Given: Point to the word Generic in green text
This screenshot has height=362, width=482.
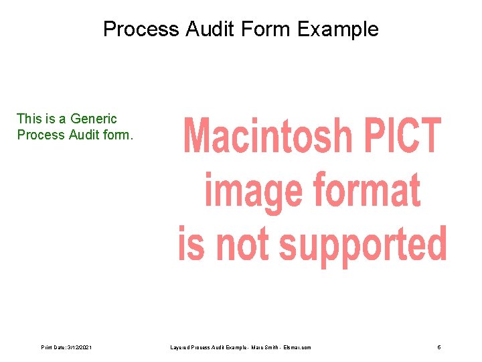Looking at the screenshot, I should [93, 119].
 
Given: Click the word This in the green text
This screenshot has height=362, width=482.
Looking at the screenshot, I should [29, 119].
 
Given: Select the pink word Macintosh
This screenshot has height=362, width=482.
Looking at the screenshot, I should [268, 136].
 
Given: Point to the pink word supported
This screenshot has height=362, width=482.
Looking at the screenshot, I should [362, 244].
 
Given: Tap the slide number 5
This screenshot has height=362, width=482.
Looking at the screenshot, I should [438, 347].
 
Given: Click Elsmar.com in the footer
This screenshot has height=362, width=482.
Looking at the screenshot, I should [297, 347].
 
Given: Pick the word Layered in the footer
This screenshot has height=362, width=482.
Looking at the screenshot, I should [181, 347].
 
